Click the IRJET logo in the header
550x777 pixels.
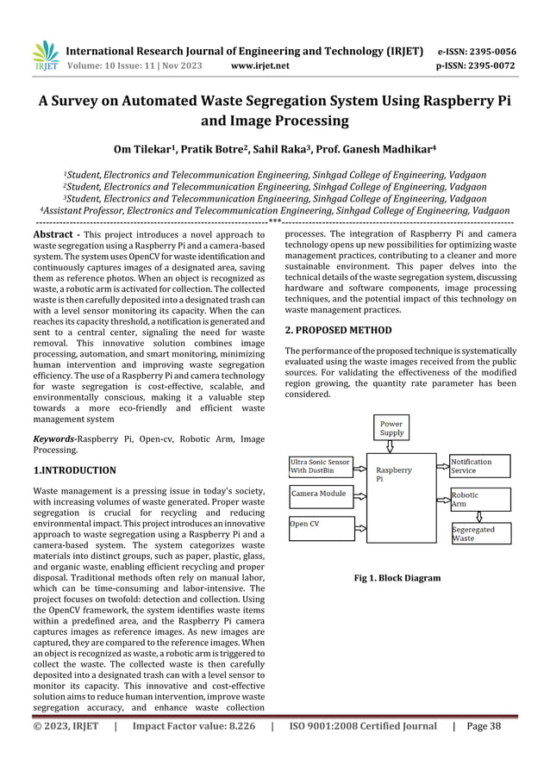tap(44, 57)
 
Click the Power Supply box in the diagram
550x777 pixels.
tap(392, 428)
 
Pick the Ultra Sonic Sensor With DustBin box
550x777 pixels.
tap(320, 466)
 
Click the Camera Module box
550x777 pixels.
tap(320, 494)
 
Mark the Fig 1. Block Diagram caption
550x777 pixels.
tap(397, 578)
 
